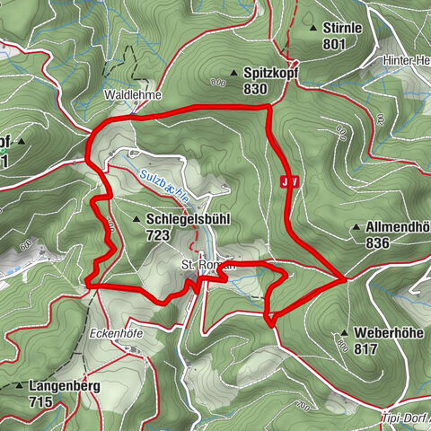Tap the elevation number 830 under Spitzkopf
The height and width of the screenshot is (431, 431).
pos(255,89)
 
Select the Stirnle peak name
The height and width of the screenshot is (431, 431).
pos(342,28)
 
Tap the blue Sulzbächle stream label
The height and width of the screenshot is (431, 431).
pos(163,183)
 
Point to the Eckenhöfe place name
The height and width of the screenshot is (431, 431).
pos(116,332)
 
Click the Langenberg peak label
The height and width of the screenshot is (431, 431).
pos(64,386)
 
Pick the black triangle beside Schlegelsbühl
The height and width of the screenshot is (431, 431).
pos(136,220)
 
